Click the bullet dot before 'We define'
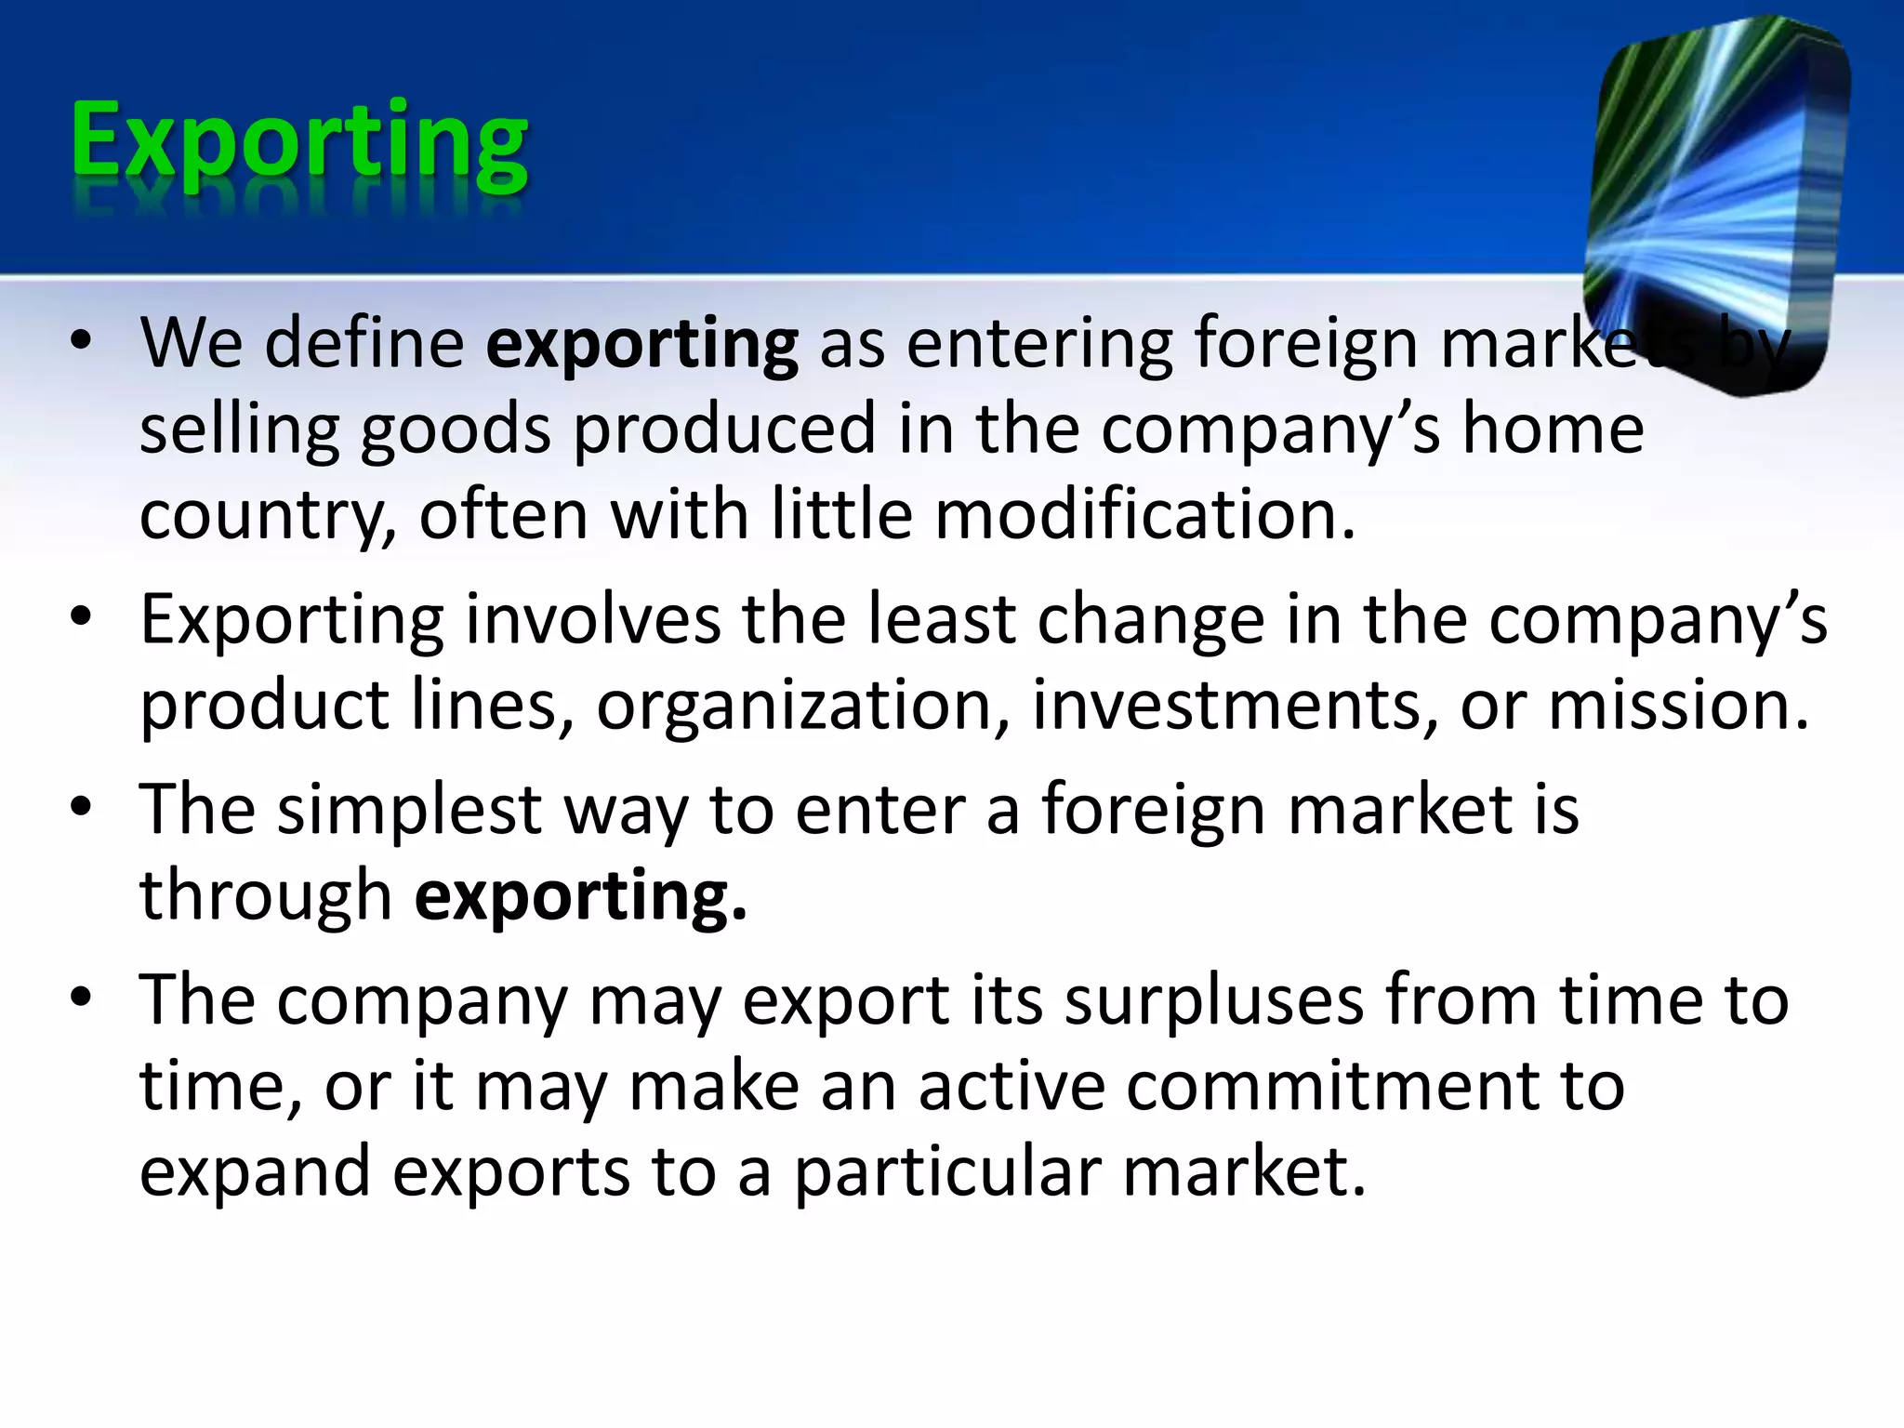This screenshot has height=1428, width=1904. (x=81, y=342)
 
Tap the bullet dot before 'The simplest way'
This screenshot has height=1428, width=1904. (x=81, y=807)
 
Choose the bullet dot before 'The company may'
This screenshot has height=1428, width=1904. (x=81, y=998)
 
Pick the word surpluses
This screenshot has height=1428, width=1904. (x=1214, y=1001)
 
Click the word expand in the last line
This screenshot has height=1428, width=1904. (x=255, y=1173)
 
